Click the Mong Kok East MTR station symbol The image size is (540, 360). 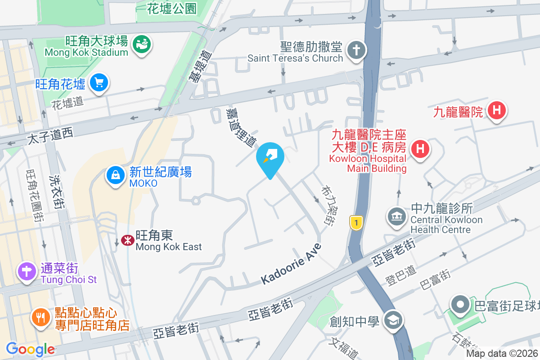click(x=128, y=240)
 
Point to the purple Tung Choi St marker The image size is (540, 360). click(x=27, y=271)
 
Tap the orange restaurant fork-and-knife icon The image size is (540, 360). click(x=42, y=317)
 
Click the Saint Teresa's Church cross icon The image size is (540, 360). click(x=356, y=51)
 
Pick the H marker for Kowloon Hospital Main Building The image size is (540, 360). click(x=419, y=148)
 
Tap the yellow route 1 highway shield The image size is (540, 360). click(x=356, y=222)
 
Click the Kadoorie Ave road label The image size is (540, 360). click(x=292, y=264)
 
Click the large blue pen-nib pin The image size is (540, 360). click(x=270, y=157)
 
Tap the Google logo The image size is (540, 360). click(x=30, y=349)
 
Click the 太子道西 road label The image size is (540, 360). click(x=50, y=136)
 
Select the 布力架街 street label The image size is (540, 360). click(x=327, y=206)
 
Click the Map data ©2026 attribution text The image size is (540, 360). click(x=502, y=353)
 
